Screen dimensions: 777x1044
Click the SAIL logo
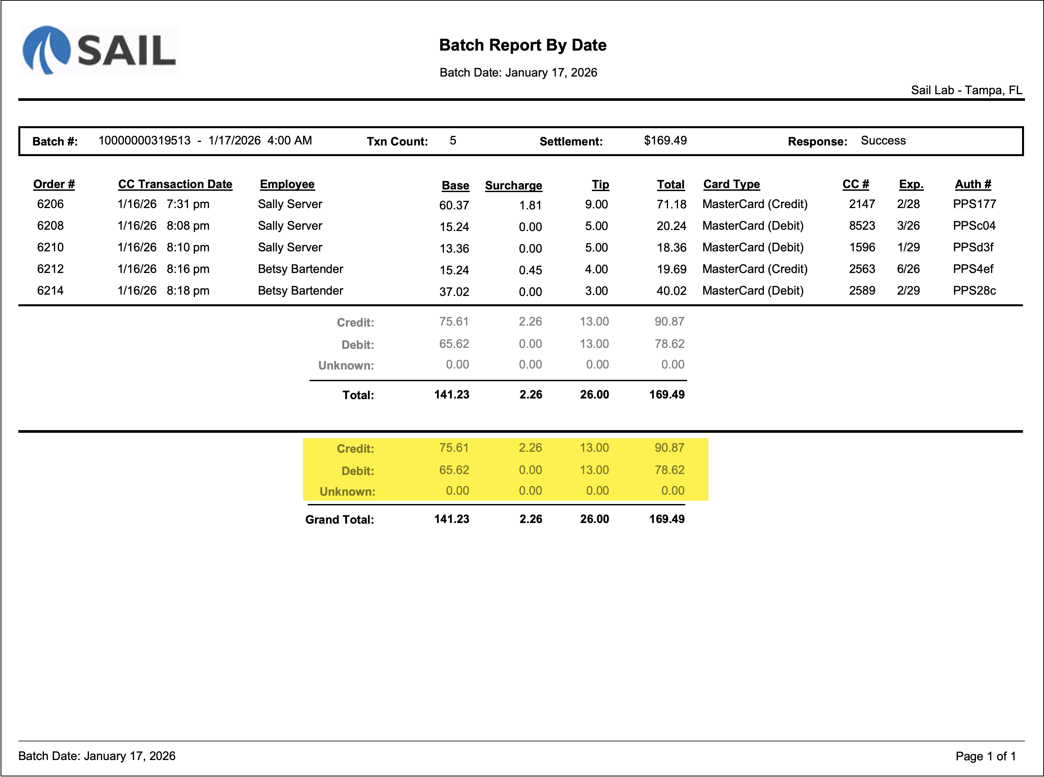[100, 50]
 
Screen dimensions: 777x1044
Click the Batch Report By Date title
[522, 45]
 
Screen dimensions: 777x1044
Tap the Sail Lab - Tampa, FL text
[966, 90]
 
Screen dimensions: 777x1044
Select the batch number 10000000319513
[144, 140]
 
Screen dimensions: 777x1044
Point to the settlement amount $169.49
[665, 140]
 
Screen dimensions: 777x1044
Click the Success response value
[883, 140]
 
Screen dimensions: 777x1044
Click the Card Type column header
[731, 184]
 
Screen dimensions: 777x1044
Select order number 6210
[50, 247]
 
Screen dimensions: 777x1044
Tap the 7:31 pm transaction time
[188, 204]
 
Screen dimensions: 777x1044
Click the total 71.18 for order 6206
[671, 204]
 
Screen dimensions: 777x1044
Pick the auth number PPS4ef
[973, 269]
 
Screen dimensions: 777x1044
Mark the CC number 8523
[862, 226]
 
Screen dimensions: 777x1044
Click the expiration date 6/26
[908, 269]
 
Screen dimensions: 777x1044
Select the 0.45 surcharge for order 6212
[530, 270]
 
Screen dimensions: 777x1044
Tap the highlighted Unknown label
[347, 492]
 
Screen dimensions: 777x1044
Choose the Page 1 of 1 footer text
[986, 756]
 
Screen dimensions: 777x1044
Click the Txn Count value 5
[452, 140]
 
